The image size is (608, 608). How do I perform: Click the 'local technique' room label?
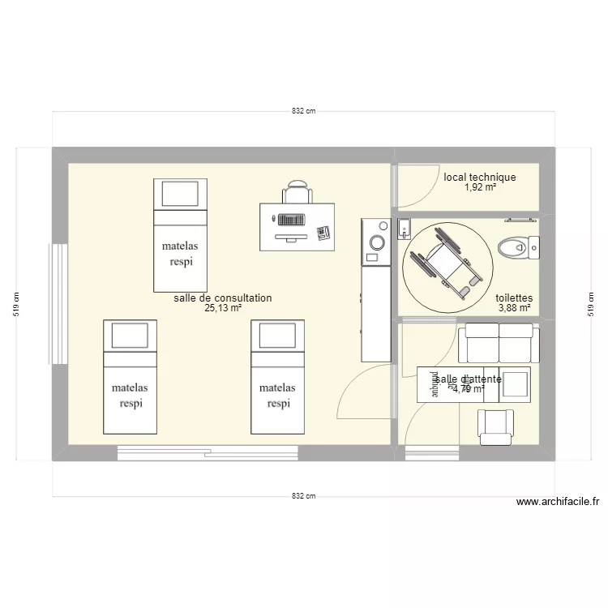click(x=479, y=177)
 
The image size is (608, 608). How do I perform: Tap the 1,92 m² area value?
click(x=480, y=187)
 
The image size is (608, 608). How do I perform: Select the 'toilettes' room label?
click(x=514, y=298)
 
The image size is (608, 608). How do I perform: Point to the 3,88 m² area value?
click(x=514, y=308)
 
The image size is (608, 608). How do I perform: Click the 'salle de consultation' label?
click(x=222, y=298)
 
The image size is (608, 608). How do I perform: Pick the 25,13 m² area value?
click(x=223, y=308)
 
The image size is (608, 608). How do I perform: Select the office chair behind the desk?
click(x=297, y=193)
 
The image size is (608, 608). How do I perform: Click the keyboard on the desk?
click(x=290, y=219)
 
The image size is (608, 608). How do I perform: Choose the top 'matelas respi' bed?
click(x=180, y=235)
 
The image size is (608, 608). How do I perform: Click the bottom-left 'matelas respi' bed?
click(x=131, y=376)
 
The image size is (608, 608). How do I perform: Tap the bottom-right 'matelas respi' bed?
click(x=277, y=376)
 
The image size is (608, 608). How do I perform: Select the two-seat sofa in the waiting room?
click(x=498, y=342)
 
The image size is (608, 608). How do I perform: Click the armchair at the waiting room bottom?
click(x=495, y=426)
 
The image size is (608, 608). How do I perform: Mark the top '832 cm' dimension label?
click(x=304, y=111)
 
